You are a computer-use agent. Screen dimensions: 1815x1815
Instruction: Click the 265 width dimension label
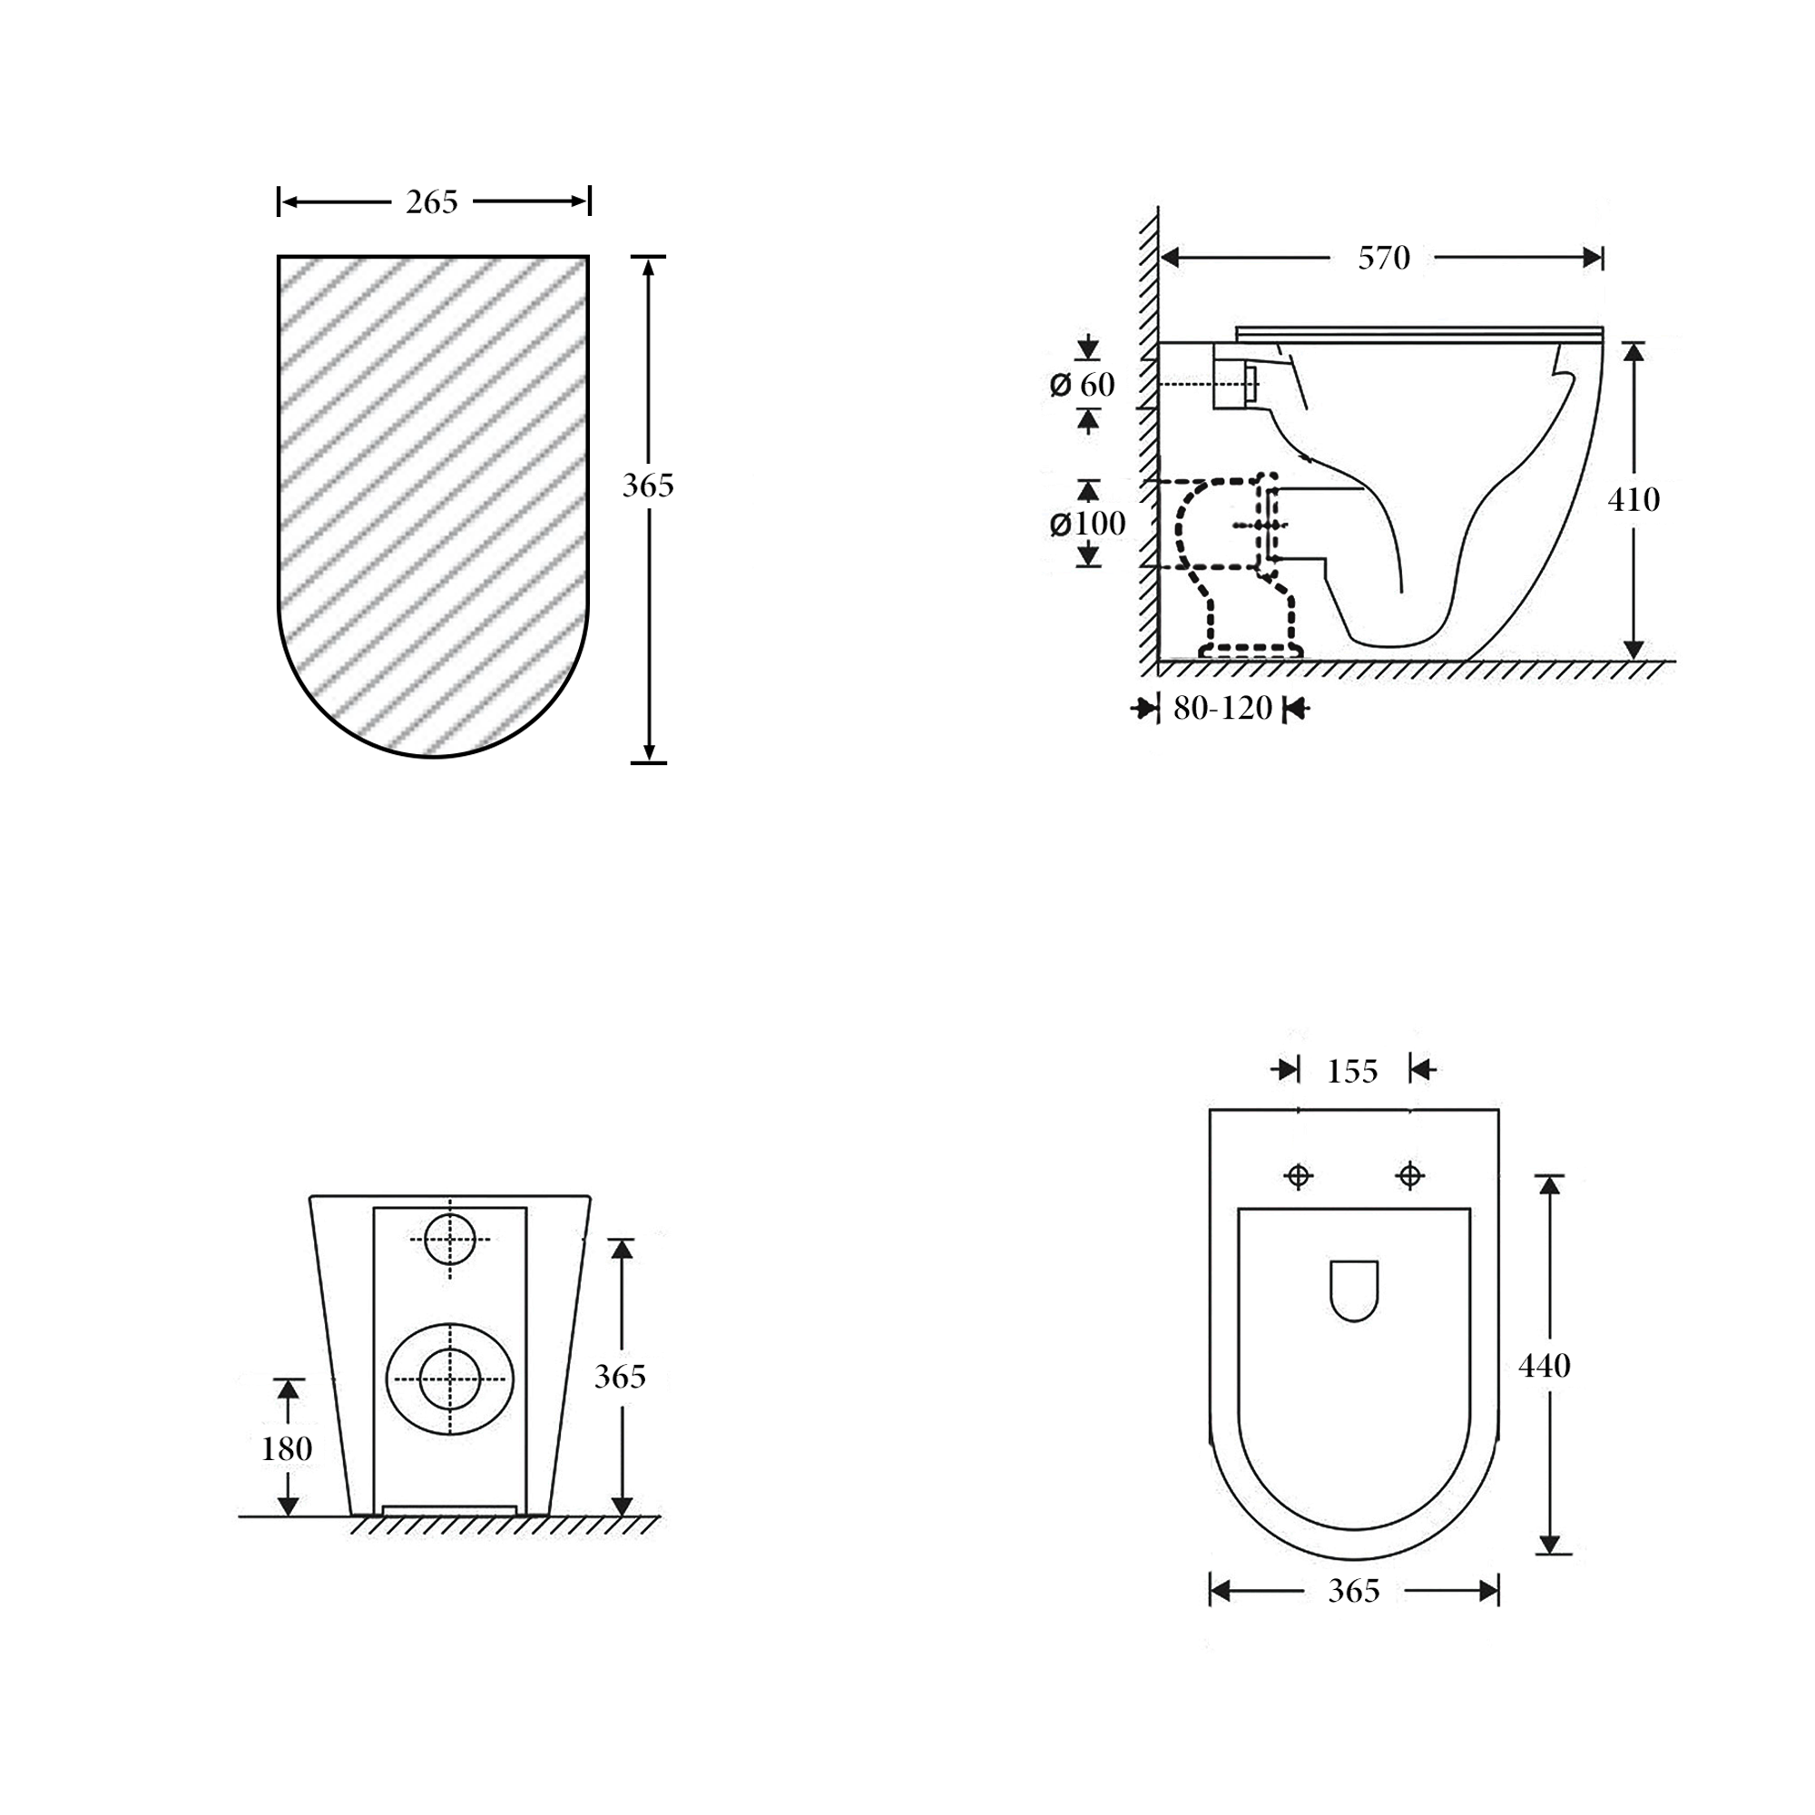(431, 202)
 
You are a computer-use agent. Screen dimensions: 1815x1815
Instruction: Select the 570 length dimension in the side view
(1384, 259)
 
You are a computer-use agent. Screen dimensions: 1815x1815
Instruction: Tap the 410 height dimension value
(1633, 500)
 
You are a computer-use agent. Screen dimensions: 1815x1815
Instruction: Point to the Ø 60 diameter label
(1083, 384)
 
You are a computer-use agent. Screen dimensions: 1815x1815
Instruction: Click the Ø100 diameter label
(1087, 524)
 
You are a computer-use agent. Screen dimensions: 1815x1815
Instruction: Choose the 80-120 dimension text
(1222, 709)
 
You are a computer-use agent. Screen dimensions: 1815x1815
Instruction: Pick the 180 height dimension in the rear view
(287, 1448)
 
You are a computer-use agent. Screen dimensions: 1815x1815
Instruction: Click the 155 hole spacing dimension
(1352, 1071)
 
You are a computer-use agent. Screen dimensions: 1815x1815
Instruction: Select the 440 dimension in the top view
(1545, 1365)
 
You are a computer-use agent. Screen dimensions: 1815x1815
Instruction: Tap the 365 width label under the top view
(1354, 1591)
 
